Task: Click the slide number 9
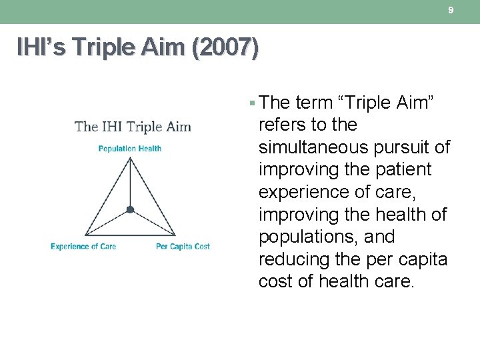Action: tap(451, 11)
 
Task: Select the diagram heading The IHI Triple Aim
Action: tap(133, 127)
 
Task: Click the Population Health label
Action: tap(130, 149)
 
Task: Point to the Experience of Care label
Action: tap(83, 247)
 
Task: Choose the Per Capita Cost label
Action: tap(183, 247)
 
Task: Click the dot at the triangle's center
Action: tap(130, 209)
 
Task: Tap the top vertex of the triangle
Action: tap(130, 157)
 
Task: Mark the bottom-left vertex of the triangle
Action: tap(84, 235)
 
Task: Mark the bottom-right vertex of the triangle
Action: tap(176, 235)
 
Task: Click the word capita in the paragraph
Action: tap(421, 259)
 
